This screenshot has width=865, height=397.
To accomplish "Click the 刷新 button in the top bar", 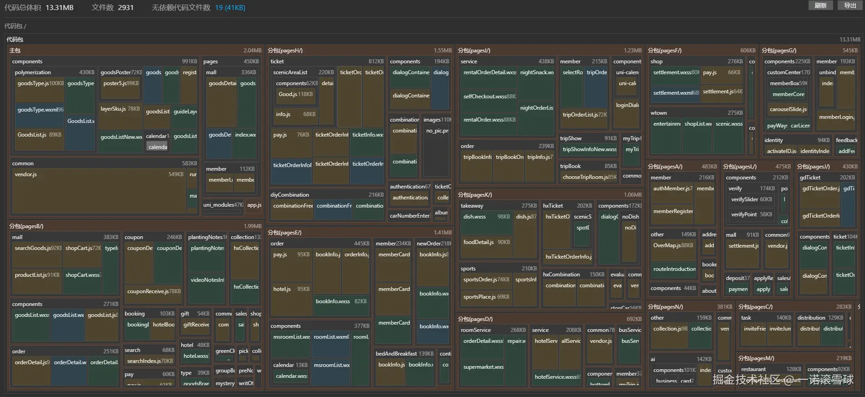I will tap(820, 5).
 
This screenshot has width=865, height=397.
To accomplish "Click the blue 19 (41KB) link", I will tap(230, 8).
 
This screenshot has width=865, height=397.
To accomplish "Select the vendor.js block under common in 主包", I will tap(98, 190).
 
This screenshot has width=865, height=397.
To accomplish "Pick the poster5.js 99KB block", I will tap(121, 89).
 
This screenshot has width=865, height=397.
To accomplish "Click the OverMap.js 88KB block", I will tap(673, 251).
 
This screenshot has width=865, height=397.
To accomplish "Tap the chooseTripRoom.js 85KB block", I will tap(589, 178).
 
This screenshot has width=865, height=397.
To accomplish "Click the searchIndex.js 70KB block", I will tap(150, 361).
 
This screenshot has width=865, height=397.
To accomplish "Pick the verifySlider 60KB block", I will tap(751, 199).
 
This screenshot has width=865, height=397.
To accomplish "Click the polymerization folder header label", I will tap(33, 72).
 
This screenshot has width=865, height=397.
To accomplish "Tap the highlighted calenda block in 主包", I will tap(158, 147).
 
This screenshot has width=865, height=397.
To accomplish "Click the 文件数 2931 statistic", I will tap(112, 8).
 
